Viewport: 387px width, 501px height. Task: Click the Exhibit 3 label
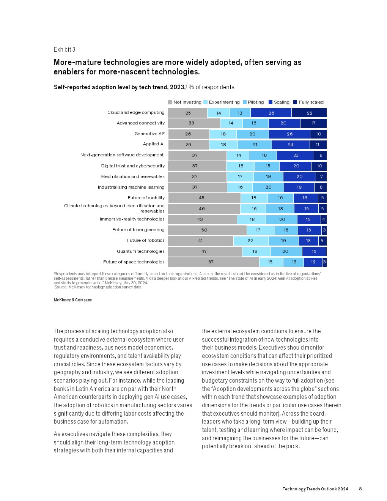[x=64, y=50]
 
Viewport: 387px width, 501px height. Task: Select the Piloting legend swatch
[x=245, y=102]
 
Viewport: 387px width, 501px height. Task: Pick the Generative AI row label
[x=149, y=134]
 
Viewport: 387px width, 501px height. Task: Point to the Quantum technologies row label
[x=140, y=251]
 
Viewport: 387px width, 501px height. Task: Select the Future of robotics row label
[x=146, y=240]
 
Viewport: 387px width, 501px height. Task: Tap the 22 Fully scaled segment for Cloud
[x=309, y=113]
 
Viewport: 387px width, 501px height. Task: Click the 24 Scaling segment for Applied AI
[x=291, y=145]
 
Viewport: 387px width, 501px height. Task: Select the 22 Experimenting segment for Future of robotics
[x=251, y=241]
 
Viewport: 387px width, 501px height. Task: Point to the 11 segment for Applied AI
[x=318, y=145]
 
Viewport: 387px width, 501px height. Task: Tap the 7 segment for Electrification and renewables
[x=321, y=176]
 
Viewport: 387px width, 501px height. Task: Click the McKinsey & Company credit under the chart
[x=73, y=300]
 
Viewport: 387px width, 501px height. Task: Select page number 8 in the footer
[x=360, y=489]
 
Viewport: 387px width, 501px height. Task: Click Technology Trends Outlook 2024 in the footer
[x=315, y=489]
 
